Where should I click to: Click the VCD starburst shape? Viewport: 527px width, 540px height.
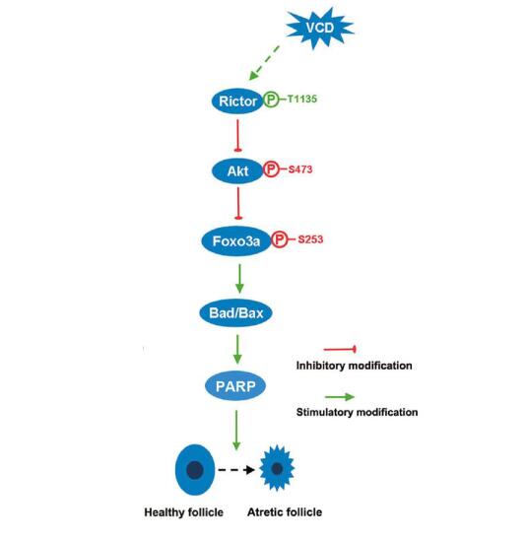(320, 28)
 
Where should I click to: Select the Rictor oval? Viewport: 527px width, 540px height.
(237, 101)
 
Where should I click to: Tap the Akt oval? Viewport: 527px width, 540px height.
(237, 170)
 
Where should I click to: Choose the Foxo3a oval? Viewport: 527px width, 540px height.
(236, 241)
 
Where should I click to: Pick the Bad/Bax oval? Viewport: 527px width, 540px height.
(236, 313)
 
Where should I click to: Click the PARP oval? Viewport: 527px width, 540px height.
(235, 386)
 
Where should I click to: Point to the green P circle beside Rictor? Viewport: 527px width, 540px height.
(271, 100)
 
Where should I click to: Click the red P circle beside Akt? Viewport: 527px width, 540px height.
(271, 169)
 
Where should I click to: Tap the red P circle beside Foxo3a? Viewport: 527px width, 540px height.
(280, 239)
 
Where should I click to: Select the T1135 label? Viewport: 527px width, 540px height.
(301, 100)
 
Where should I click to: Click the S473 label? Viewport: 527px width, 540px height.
(300, 169)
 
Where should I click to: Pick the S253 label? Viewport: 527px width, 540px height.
(310, 239)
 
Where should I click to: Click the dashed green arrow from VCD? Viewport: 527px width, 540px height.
(264, 63)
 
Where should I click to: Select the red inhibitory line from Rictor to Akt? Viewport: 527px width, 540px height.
(237, 135)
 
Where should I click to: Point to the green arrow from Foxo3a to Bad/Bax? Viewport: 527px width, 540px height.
(239, 279)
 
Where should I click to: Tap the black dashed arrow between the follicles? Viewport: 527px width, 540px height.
(236, 469)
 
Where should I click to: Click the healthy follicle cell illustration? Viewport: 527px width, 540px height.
(195, 470)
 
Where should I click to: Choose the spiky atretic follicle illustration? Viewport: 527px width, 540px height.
(277, 468)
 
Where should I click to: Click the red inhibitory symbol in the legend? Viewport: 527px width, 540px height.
(340, 350)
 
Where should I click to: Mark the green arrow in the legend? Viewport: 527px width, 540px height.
(340, 397)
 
